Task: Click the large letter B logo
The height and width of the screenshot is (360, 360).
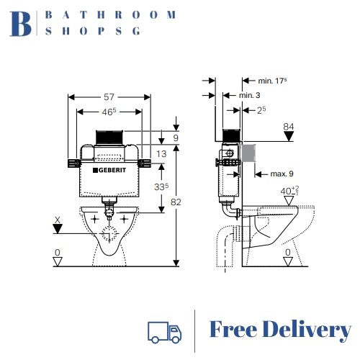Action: tap(22, 23)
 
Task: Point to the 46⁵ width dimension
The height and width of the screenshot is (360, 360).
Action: tap(108, 112)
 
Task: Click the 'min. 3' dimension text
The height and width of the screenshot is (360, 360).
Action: tap(249, 95)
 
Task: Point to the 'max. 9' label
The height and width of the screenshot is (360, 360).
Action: tap(282, 173)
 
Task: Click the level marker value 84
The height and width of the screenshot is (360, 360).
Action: tap(289, 127)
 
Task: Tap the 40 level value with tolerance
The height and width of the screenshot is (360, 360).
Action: tap(289, 191)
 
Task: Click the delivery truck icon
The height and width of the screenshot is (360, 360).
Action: tap(164, 330)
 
